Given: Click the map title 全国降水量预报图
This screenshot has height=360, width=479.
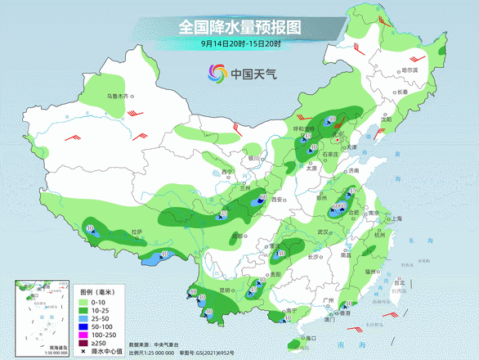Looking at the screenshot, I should pos(239,26).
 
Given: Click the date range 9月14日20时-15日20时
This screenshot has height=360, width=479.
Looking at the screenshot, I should pos(239,43).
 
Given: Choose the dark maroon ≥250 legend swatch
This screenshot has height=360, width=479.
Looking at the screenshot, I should pos(84,344).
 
